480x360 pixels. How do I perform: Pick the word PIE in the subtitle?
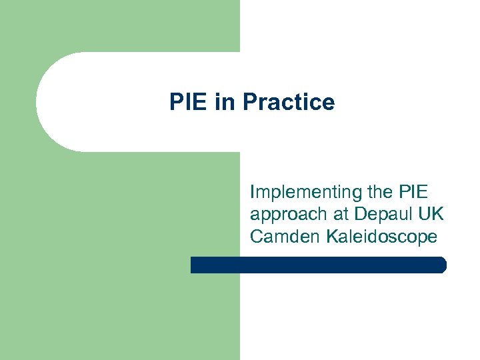(x=414, y=192)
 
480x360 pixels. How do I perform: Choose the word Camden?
(x=286, y=236)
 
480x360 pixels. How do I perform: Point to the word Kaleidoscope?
(x=382, y=236)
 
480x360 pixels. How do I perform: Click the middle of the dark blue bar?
(x=318, y=265)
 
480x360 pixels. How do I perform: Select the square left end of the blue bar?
(x=193, y=265)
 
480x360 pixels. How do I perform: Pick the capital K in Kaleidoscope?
(x=332, y=236)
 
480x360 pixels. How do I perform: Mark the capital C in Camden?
(x=257, y=236)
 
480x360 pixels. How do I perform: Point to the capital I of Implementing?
(x=253, y=192)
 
